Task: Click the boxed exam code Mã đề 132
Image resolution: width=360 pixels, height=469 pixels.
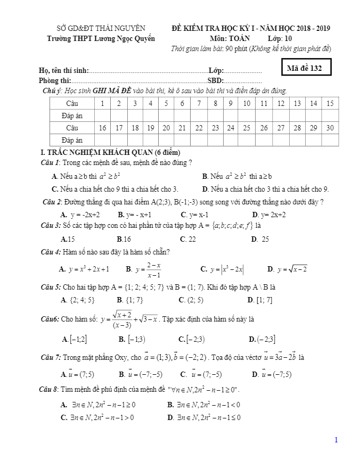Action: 304,68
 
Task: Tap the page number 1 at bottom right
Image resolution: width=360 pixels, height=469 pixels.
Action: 336,440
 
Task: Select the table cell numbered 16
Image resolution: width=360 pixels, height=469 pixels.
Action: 103,128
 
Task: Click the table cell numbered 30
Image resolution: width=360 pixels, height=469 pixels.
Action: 330,128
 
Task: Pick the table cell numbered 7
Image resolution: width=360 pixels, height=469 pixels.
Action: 199,103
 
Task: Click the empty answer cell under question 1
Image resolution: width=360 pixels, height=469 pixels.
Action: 103,116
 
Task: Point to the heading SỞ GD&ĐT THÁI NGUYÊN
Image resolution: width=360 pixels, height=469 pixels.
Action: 101,28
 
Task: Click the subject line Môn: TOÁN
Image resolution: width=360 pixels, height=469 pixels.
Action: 230,38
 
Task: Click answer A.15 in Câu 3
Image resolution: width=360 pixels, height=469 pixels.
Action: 68,240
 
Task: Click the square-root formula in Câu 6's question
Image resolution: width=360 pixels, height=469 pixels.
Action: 130,320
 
